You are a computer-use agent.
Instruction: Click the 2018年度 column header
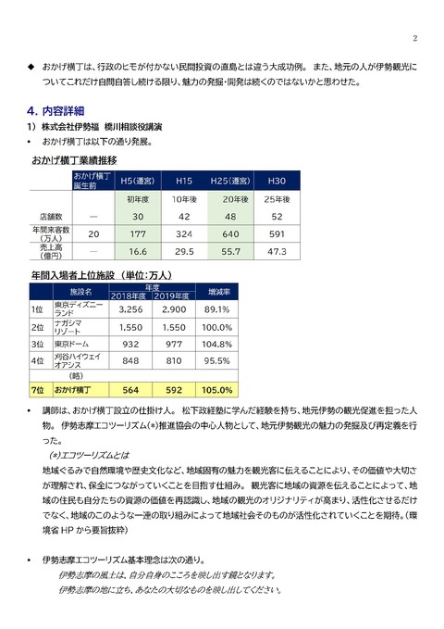[x=129, y=296]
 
